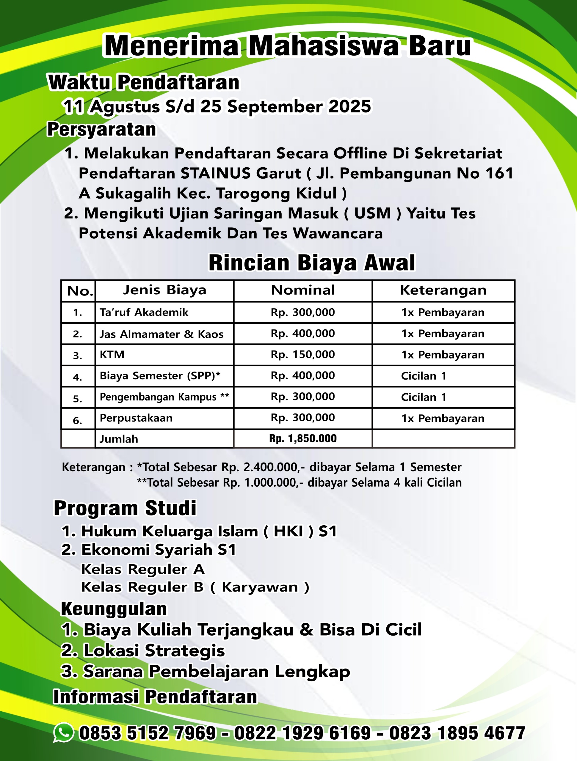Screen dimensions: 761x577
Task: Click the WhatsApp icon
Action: (x=63, y=733)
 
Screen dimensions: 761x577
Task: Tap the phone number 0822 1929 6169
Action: (x=302, y=733)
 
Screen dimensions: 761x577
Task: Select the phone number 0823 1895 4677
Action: (x=457, y=733)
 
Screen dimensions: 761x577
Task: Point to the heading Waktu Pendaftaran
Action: (x=144, y=83)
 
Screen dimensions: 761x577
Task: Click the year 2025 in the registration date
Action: (x=350, y=106)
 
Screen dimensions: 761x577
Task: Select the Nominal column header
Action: (x=302, y=290)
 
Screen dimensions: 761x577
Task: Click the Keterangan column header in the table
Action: (x=443, y=290)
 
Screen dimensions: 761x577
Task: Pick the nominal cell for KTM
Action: (x=302, y=354)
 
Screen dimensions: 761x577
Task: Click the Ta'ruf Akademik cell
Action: (x=144, y=312)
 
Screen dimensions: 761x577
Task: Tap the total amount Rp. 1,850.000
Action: (x=302, y=438)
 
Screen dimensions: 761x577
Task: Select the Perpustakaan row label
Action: (x=136, y=418)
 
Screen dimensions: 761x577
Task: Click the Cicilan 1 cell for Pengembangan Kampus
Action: (x=424, y=397)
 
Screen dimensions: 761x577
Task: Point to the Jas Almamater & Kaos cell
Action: (x=162, y=334)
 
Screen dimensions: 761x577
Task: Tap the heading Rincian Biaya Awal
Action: (x=312, y=263)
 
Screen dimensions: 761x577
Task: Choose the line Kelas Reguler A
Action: (x=143, y=569)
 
